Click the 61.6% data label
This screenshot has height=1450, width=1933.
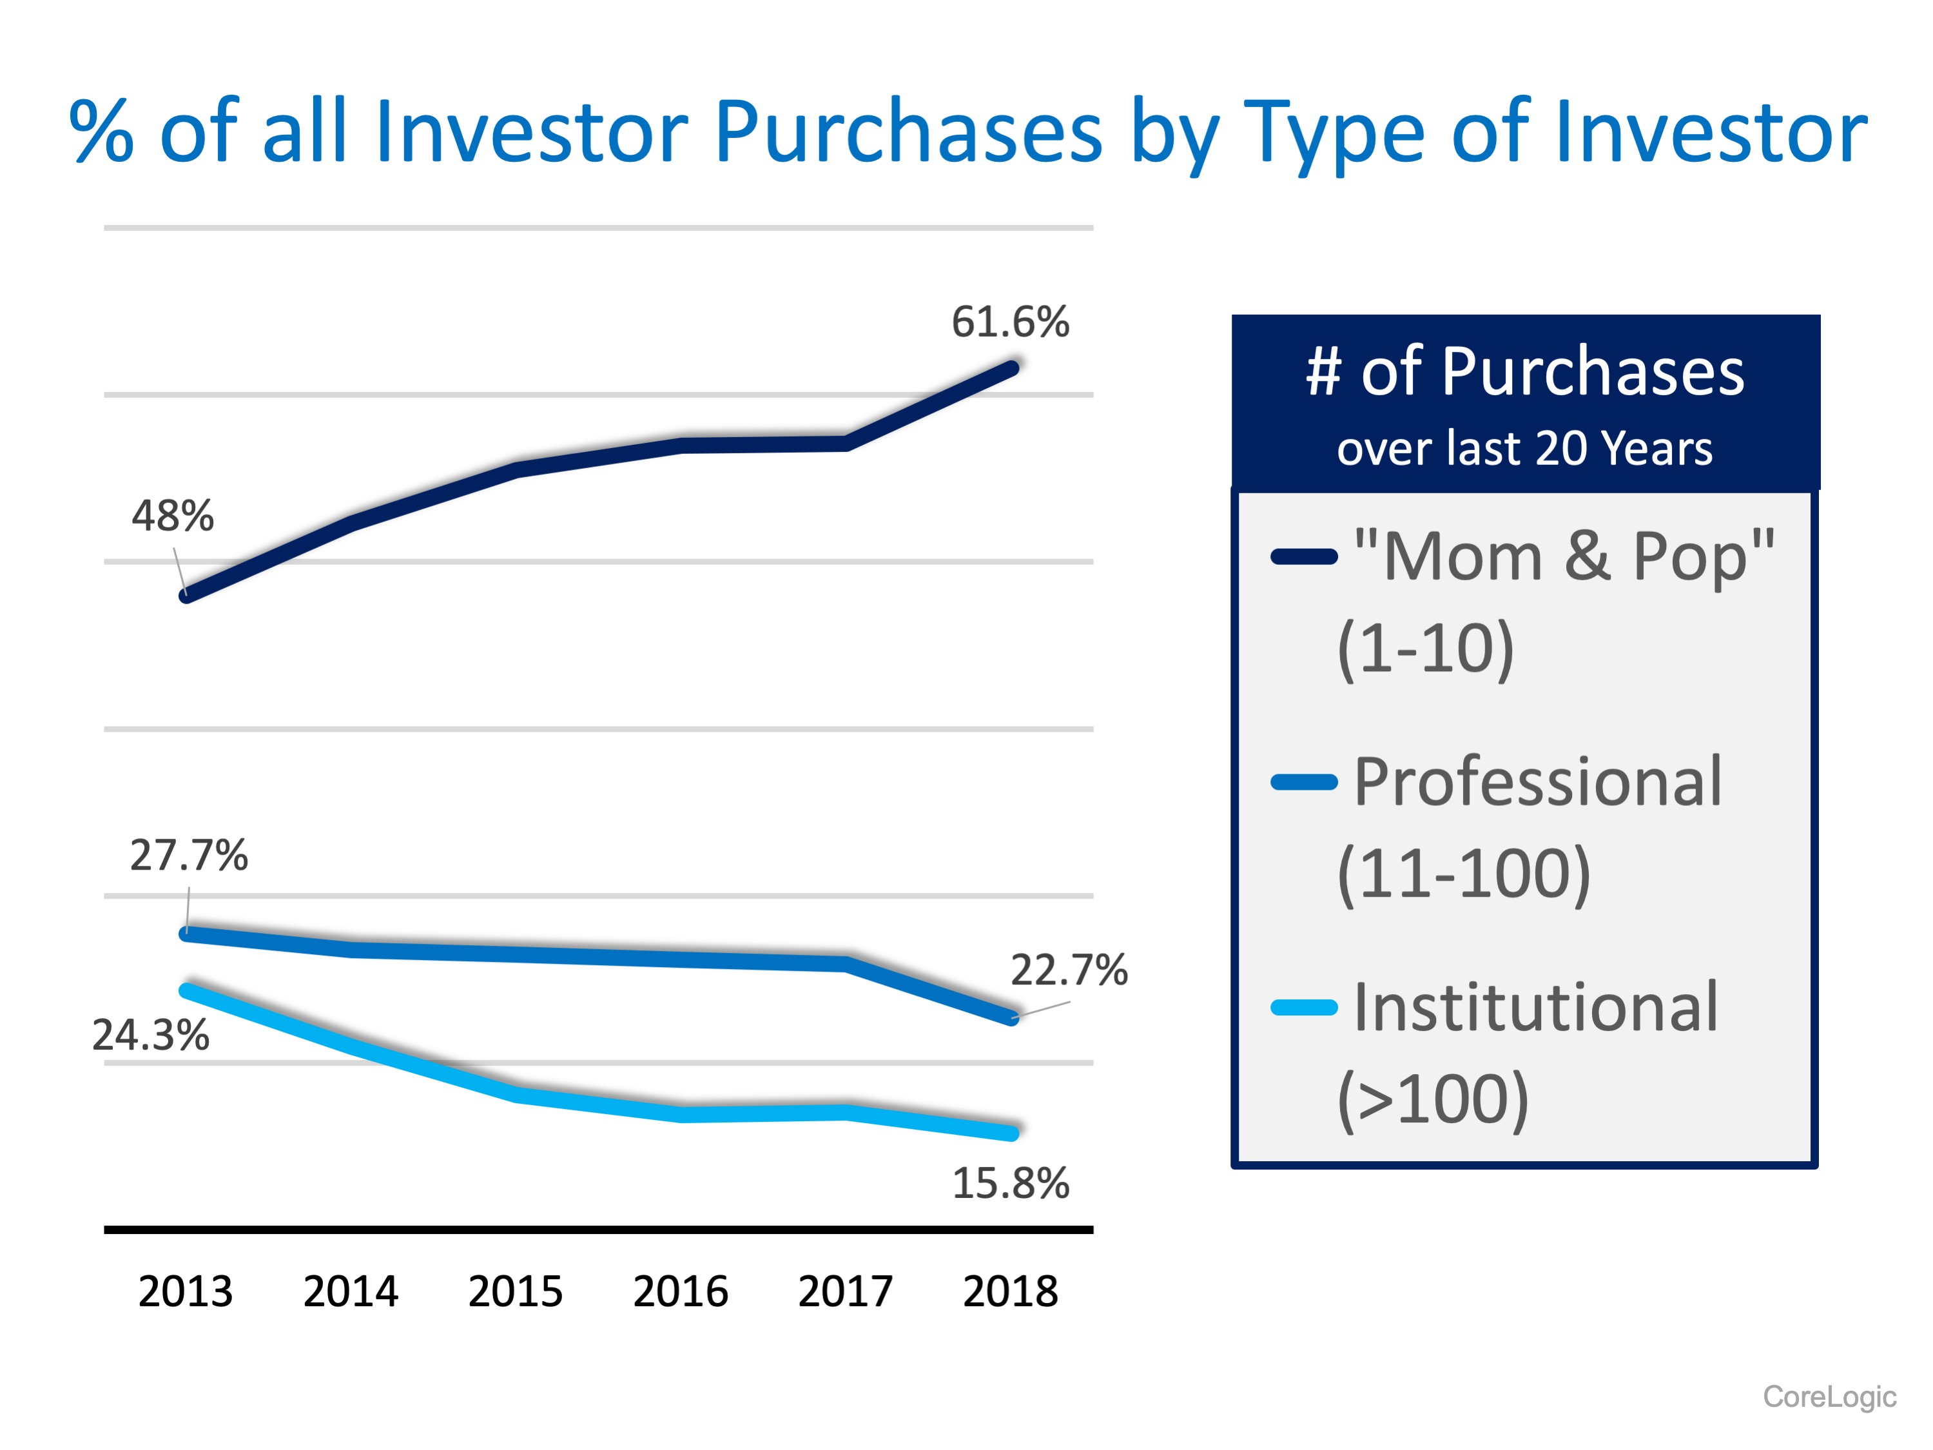click(1009, 322)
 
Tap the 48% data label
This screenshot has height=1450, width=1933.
click(172, 516)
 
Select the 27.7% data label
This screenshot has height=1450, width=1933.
click(189, 855)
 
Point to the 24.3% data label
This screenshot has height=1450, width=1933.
click(150, 1035)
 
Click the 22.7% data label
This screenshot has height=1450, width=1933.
click(1069, 970)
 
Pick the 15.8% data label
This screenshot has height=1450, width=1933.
click(1010, 1184)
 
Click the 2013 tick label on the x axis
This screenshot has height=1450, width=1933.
click(185, 1291)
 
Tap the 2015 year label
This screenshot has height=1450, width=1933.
click(516, 1291)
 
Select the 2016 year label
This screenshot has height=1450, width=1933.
click(680, 1291)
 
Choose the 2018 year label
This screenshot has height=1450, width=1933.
click(1010, 1291)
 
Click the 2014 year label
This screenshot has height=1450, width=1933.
click(351, 1291)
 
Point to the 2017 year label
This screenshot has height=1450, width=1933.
click(845, 1291)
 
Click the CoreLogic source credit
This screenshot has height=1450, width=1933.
click(1829, 1396)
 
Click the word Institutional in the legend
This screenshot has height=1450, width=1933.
click(1535, 1008)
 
